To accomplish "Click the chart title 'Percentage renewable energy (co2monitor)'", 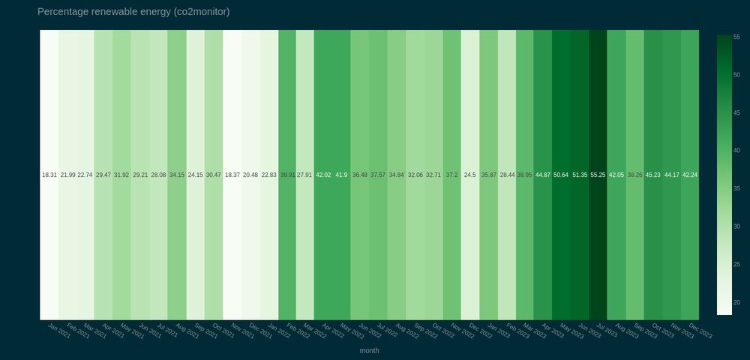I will pyautogui.click(x=133, y=12).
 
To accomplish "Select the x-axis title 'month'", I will pyautogui.click(x=369, y=350).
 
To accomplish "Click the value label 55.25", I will pyautogui.click(x=598, y=175).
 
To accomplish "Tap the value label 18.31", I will pyautogui.click(x=49, y=175).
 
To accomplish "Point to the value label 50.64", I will pyautogui.click(x=561, y=175).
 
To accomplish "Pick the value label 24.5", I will pyautogui.click(x=469, y=175).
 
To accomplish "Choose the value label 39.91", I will pyautogui.click(x=287, y=175).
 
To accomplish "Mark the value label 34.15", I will pyautogui.click(x=177, y=175).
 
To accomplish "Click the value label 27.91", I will pyautogui.click(x=304, y=175).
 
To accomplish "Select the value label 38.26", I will pyautogui.click(x=634, y=175).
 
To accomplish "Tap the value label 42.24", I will pyautogui.click(x=690, y=175).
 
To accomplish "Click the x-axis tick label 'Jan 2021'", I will pyautogui.click(x=59, y=330).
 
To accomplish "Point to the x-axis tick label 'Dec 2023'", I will pyautogui.click(x=700, y=330).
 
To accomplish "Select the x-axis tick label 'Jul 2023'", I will pyautogui.click(x=608, y=330).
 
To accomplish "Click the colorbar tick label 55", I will pyautogui.click(x=736, y=37).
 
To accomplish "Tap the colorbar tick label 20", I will pyautogui.click(x=736, y=302).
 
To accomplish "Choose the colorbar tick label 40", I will pyautogui.click(x=736, y=151).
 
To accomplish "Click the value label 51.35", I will pyautogui.click(x=580, y=175).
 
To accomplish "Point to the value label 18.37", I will pyautogui.click(x=232, y=175).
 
